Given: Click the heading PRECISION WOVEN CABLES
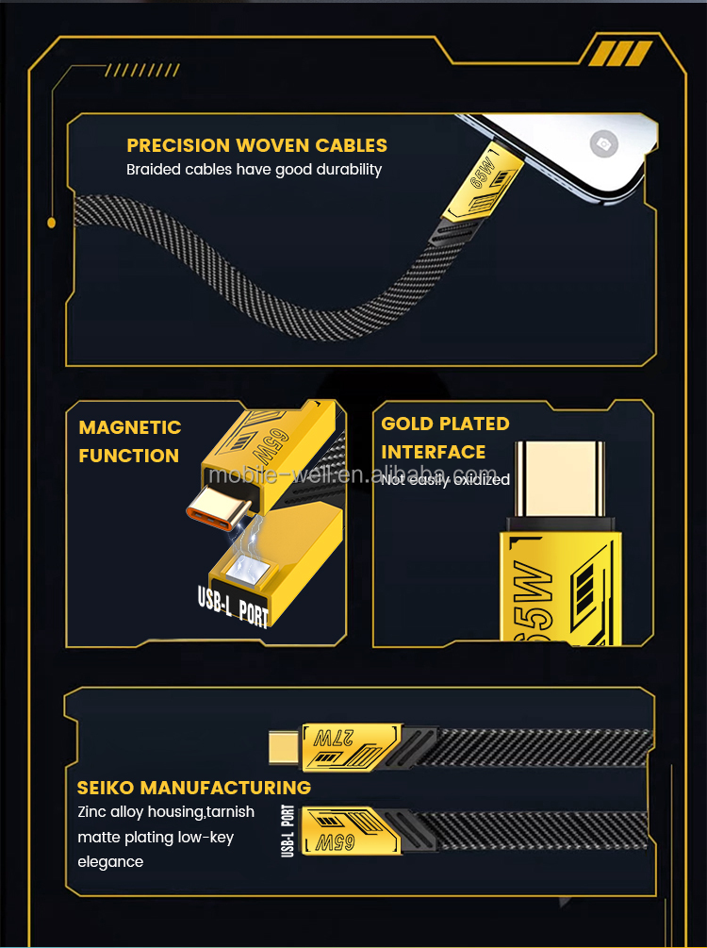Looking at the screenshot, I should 256,145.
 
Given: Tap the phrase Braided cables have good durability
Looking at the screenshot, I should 254,170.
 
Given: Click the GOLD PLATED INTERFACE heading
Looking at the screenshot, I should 445,438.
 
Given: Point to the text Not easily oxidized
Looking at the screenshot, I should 445,480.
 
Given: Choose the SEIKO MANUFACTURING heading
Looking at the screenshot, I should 193,788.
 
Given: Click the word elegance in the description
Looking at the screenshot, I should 110,861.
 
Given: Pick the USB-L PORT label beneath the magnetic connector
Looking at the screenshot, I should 233,606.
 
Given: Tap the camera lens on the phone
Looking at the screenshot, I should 601,144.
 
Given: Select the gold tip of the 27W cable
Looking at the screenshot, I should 283,748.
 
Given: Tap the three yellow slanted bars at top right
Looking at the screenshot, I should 619,54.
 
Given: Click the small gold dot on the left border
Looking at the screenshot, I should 52,223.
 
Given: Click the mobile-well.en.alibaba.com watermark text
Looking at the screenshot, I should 353,474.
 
